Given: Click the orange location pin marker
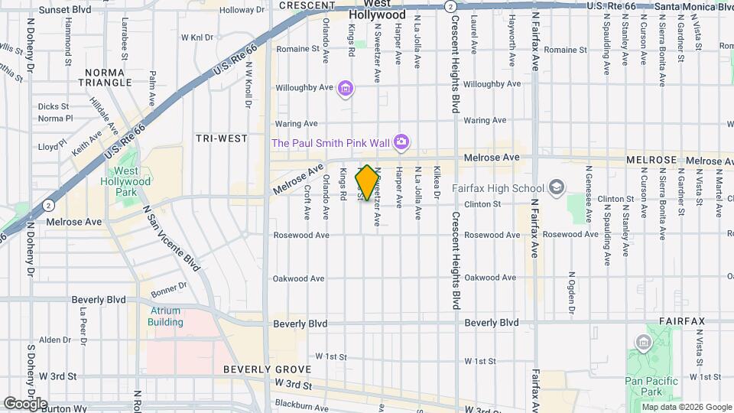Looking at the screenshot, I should tap(367, 182).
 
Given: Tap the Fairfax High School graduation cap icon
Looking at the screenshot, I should tap(557, 187).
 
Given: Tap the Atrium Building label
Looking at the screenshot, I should tap(165, 317).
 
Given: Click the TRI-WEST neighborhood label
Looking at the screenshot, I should tap(222, 138).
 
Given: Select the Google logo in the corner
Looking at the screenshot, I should tap(24, 403).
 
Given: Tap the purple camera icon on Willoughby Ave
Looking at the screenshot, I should tap(346, 89).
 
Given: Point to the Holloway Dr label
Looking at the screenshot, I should tap(242, 10).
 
